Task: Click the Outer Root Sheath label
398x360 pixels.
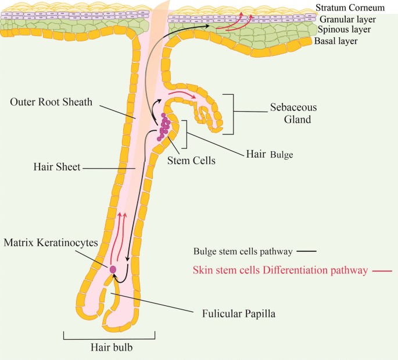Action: (51, 103)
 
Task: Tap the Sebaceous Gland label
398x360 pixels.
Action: (291, 114)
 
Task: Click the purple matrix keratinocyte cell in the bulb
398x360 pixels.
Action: (113, 269)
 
